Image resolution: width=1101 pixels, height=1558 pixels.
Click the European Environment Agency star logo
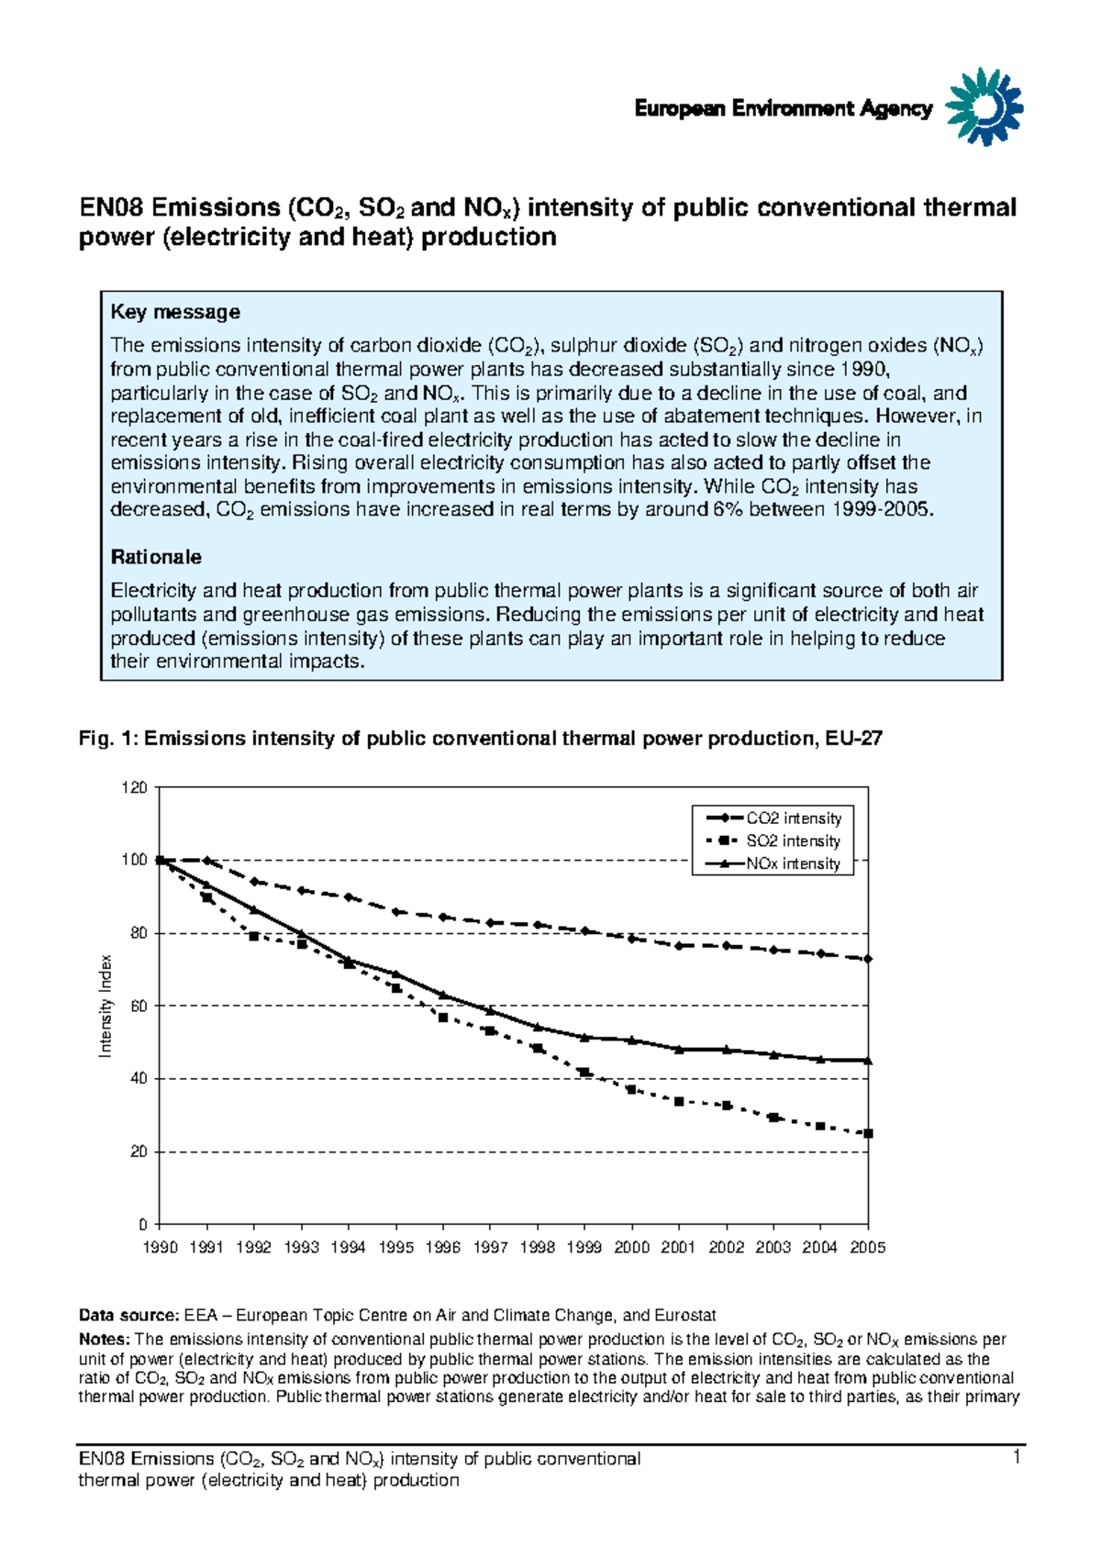tap(984, 106)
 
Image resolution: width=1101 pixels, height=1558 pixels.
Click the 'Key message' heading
tap(175, 312)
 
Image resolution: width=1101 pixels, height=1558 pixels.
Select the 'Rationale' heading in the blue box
tap(156, 557)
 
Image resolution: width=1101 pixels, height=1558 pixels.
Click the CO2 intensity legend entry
tap(773, 818)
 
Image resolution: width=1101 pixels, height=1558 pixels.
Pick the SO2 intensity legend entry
tap(773, 840)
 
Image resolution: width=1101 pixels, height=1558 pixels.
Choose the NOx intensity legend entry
tap(773, 863)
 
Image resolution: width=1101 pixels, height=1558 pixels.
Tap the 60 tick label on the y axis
tap(138, 1006)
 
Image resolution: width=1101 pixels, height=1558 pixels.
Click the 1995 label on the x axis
tap(395, 1248)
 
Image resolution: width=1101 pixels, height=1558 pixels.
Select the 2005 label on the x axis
tap(867, 1248)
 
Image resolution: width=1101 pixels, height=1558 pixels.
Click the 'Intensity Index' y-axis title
tap(106, 1006)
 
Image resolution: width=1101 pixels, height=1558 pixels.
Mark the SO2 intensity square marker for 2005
tap(868, 1133)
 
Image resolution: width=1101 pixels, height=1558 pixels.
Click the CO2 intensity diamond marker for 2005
tap(868, 959)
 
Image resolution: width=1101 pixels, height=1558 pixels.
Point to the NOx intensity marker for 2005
tap(868, 1061)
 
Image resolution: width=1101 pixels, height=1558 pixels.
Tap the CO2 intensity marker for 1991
tap(206, 861)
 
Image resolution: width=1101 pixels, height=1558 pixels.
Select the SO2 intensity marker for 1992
tap(254, 936)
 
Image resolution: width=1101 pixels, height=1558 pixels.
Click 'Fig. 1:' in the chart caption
tap(107, 739)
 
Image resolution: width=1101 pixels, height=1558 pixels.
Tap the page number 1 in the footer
tap(1017, 1458)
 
